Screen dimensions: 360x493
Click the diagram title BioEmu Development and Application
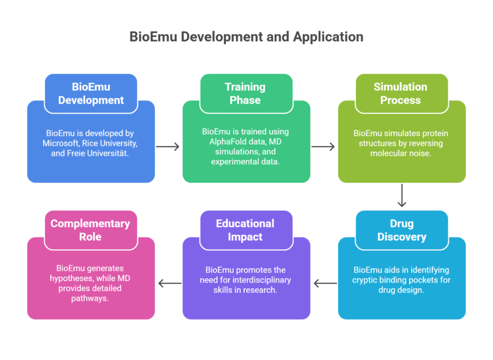tap(246, 37)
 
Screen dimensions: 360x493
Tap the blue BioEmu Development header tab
tap(91, 93)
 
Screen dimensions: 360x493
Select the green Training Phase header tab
tap(246, 93)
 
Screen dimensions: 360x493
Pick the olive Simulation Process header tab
tap(402, 93)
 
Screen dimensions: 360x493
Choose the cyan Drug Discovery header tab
tap(402, 230)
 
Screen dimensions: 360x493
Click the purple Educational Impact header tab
tap(246, 230)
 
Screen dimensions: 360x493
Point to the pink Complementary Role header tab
tap(91, 230)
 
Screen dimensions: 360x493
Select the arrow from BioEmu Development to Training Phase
tap(168, 147)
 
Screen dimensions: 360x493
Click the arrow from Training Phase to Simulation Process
tap(324, 147)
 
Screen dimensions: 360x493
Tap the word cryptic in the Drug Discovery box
tap(368, 280)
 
